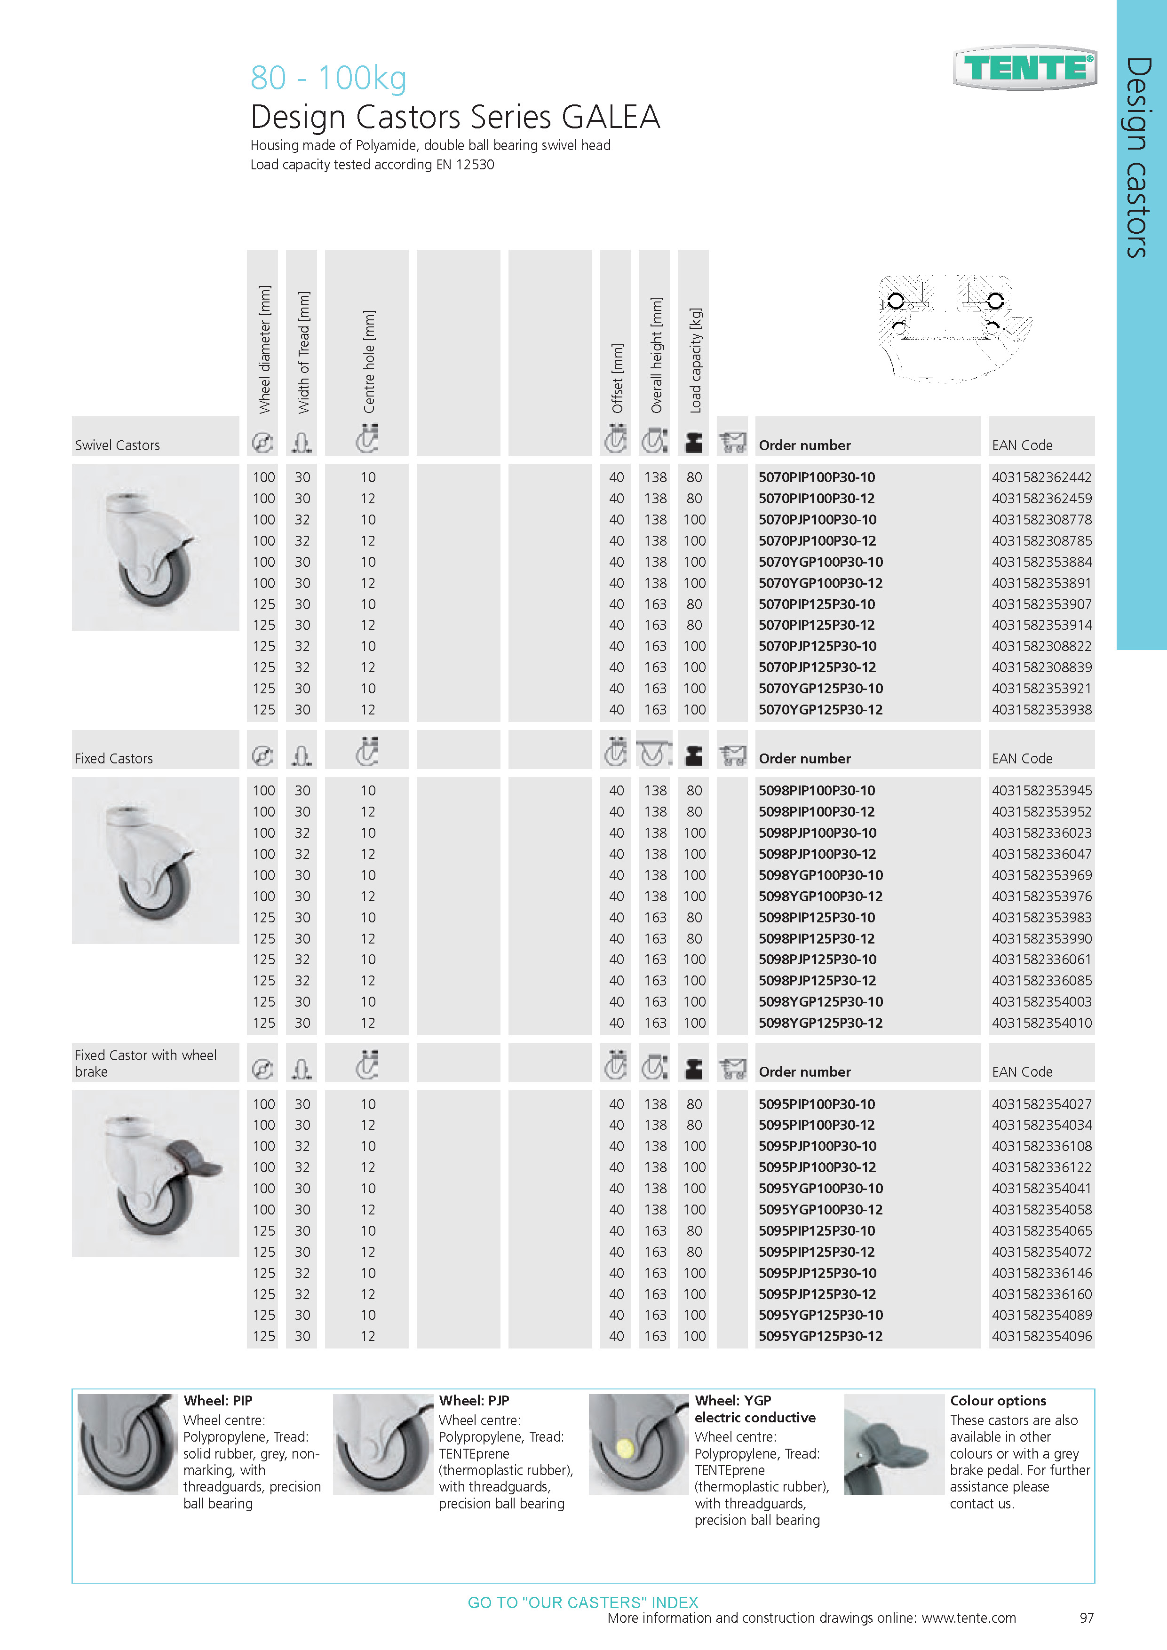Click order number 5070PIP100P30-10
(x=816, y=477)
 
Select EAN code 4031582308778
(x=1041, y=520)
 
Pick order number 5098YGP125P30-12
(x=820, y=1023)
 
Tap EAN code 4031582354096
(x=1041, y=1336)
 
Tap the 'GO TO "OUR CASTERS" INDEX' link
(x=583, y=1602)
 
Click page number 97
(x=1087, y=1618)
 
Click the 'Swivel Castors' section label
(x=117, y=445)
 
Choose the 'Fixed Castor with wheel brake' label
(x=145, y=1063)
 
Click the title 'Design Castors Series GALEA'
(x=455, y=117)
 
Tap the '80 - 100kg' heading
(x=328, y=78)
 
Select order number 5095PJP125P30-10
(x=817, y=1273)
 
